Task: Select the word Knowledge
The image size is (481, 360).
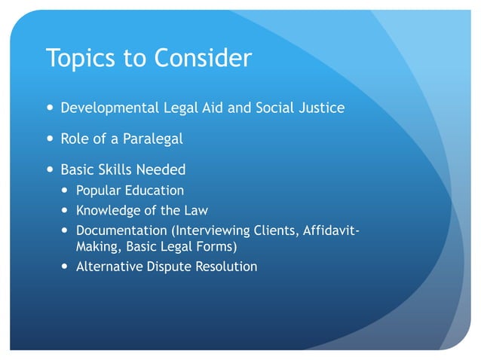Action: pyautogui.click(x=108, y=211)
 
